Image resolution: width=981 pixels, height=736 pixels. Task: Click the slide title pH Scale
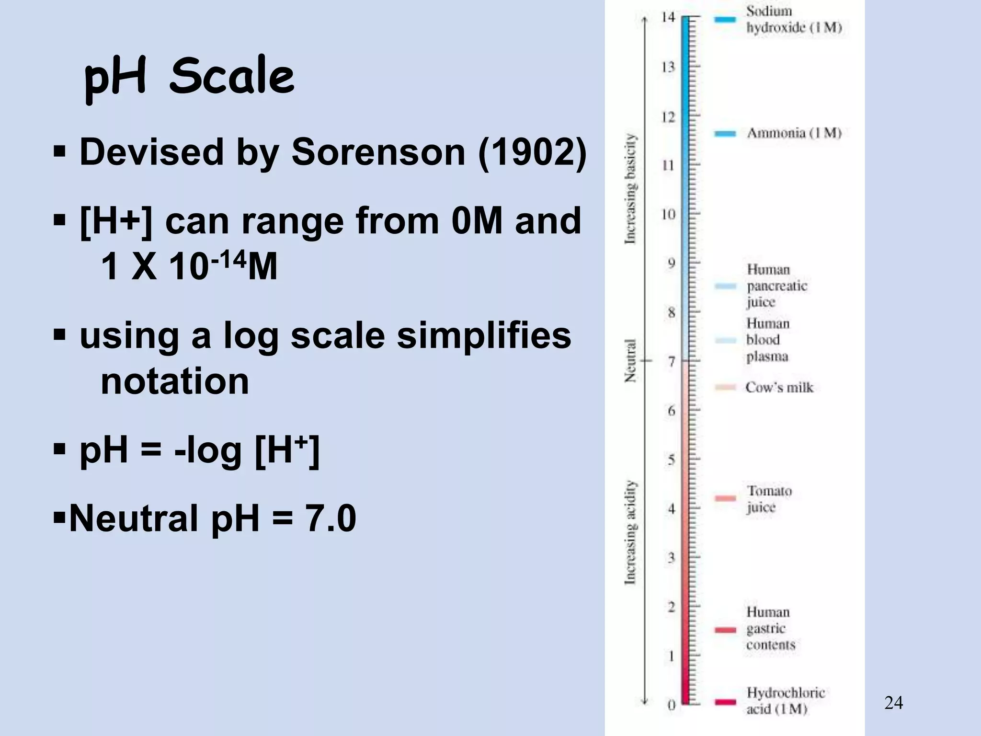tap(189, 77)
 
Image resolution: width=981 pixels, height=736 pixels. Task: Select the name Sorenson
tap(378, 152)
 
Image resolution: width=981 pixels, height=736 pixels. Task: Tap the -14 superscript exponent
tap(228, 261)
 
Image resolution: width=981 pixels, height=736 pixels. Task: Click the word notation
tap(175, 381)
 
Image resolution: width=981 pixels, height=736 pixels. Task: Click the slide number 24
tap(893, 703)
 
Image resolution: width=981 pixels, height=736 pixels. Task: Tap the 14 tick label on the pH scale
tap(668, 18)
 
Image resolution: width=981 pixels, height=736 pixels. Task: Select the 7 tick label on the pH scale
tap(672, 362)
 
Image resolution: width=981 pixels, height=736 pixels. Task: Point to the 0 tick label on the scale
tap(672, 705)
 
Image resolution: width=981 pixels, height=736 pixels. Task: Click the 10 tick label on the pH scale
tap(668, 215)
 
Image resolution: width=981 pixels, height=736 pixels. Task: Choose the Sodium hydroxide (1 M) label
tap(794, 19)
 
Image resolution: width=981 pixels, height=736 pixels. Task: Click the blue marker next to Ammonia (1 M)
tap(725, 134)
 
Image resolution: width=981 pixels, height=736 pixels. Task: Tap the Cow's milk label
tap(779, 387)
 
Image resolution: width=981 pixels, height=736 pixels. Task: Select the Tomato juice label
tap(769, 499)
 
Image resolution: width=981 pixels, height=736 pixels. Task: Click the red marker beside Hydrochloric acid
tap(725, 702)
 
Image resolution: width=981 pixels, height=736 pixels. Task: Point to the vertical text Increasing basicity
tap(631, 189)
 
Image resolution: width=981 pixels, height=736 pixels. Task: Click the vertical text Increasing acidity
tap(631, 532)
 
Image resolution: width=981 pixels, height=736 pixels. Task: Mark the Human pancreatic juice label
tap(776, 286)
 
